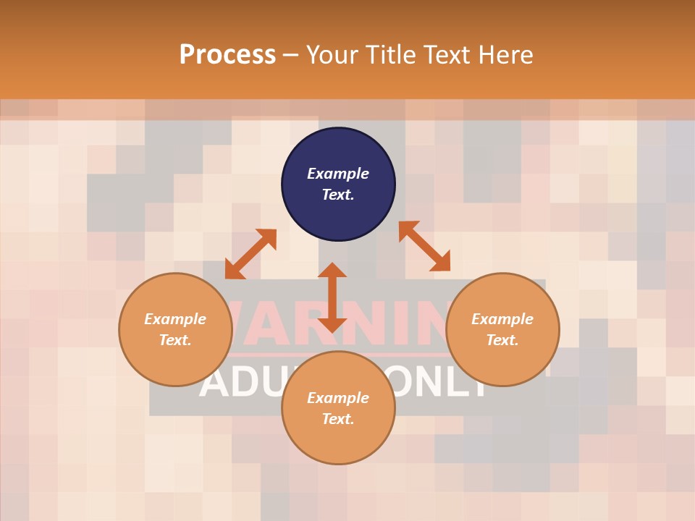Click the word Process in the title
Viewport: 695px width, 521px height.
[227, 55]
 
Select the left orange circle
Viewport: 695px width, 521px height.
[175, 362]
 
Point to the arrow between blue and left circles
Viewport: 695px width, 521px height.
[250, 254]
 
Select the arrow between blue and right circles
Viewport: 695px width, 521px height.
[424, 246]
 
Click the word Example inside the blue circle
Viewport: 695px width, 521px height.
[338, 174]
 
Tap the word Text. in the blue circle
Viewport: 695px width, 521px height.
[338, 195]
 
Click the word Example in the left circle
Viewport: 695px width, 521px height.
[175, 319]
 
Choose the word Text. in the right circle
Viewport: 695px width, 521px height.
[502, 340]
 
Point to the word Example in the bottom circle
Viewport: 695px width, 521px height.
[338, 398]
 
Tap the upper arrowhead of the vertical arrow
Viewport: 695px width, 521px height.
[332, 270]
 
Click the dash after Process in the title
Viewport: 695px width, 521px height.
[291, 56]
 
